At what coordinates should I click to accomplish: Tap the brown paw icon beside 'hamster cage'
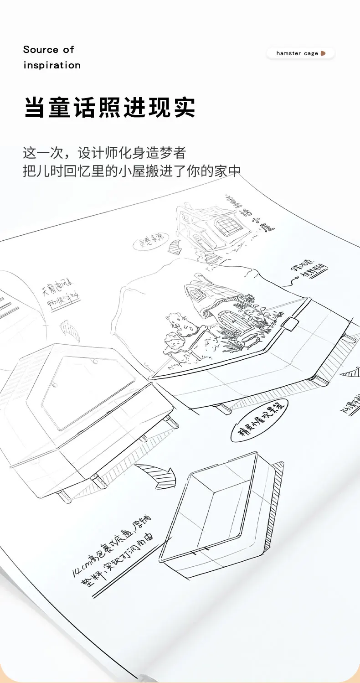(x=323, y=53)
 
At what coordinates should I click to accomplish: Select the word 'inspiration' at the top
(x=52, y=65)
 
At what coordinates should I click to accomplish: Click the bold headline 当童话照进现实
(x=110, y=107)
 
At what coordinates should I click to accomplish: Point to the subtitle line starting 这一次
(x=104, y=152)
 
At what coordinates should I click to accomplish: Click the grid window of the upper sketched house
(x=226, y=225)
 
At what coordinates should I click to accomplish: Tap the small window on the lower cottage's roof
(x=197, y=295)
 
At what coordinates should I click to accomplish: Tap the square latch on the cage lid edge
(x=290, y=324)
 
